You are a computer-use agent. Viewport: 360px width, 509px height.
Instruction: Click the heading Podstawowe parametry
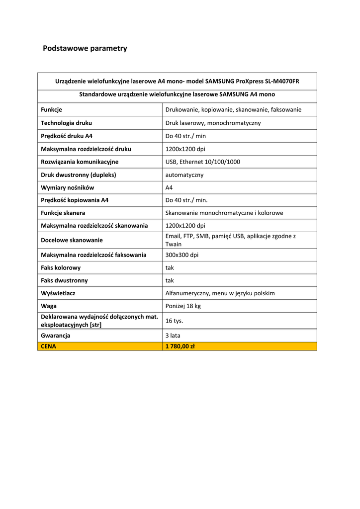(85, 48)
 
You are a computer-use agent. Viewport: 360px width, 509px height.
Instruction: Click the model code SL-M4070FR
(282, 81)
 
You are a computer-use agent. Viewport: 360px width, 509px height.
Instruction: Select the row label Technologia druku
(66, 123)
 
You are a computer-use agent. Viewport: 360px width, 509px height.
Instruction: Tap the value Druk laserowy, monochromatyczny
(213, 123)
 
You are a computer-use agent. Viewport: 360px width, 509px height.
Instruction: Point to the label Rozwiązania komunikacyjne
(80, 162)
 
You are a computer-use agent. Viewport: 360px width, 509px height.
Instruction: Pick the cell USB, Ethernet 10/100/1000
(203, 162)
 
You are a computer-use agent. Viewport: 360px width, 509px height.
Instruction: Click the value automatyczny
(184, 175)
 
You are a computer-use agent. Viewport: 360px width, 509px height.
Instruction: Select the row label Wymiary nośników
(67, 187)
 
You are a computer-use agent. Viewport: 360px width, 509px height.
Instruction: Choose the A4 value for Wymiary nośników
(169, 188)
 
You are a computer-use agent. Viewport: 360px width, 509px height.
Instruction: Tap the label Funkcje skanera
(63, 213)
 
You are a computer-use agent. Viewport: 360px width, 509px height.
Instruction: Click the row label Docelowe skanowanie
(72, 240)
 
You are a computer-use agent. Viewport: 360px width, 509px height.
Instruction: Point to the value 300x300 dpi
(181, 255)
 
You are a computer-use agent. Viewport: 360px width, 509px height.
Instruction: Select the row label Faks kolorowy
(61, 267)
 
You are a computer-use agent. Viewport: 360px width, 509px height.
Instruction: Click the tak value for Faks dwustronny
(170, 280)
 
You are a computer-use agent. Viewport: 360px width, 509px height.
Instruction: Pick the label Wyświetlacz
(58, 293)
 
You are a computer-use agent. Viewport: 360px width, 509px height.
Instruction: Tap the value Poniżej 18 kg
(183, 306)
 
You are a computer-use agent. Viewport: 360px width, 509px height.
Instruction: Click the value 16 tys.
(174, 321)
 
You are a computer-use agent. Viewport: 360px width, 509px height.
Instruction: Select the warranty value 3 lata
(173, 336)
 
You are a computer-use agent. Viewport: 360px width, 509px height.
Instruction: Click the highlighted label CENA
(48, 346)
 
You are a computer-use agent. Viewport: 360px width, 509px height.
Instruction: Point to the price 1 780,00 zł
(180, 346)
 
